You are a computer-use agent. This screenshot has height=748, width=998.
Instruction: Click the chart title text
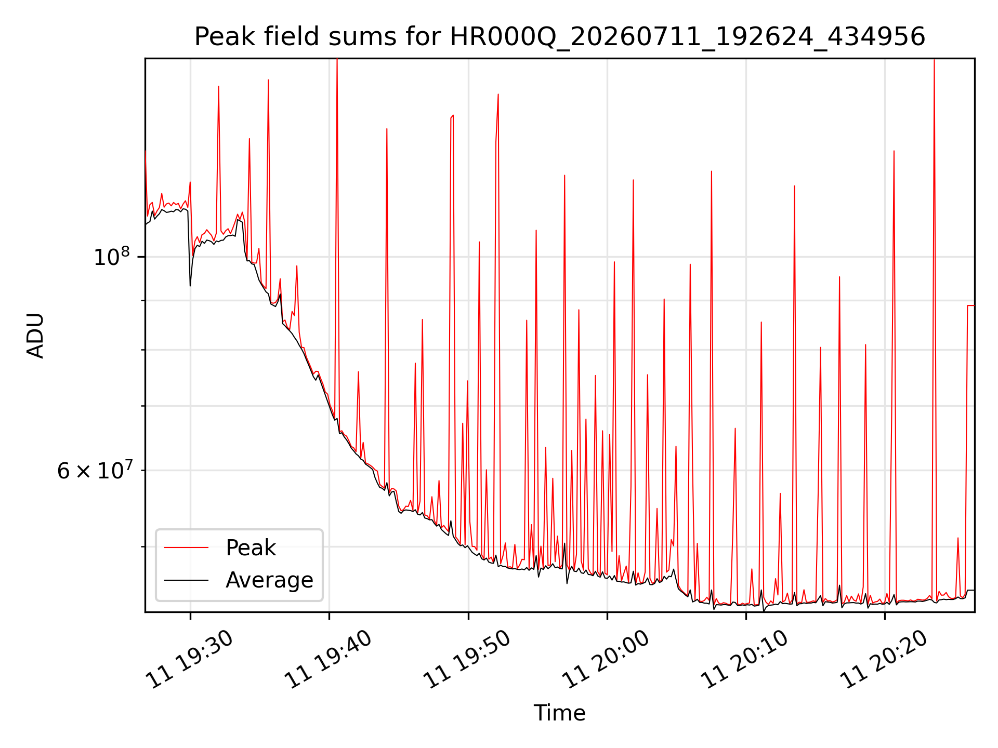[x=560, y=37]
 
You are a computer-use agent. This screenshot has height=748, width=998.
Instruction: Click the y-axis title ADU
[x=35, y=336]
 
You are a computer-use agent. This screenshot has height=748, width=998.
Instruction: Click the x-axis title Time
[x=560, y=713]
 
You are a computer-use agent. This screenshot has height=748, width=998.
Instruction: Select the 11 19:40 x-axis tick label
[x=329, y=659]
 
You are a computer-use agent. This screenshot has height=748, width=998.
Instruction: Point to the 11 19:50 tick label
[x=468, y=659]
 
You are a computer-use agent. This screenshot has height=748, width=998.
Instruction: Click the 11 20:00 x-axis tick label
[x=607, y=659]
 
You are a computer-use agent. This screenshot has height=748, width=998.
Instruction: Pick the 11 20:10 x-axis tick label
[x=745, y=659]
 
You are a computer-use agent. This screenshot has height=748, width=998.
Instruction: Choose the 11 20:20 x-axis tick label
[x=885, y=659]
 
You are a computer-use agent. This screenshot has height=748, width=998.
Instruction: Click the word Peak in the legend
[x=251, y=548]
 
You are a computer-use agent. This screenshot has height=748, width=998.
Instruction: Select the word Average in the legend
[x=269, y=580]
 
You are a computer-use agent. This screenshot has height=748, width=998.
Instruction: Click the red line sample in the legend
[x=186, y=547]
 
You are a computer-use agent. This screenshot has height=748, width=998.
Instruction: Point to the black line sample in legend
[x=186, y=580]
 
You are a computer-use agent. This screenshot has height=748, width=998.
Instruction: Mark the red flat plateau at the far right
[x=970, y=305]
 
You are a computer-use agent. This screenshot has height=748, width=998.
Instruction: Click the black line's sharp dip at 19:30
[x=190, y=286]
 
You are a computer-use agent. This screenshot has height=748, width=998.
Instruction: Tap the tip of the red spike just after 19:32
[x=218, y=86]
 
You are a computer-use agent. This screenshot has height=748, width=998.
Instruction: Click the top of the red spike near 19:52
[x=498, y=94]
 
